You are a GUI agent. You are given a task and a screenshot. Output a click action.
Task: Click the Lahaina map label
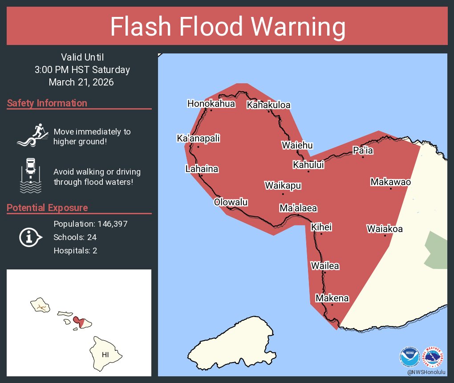tap(202, 169)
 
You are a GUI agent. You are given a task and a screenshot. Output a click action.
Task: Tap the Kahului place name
tap(308, 165)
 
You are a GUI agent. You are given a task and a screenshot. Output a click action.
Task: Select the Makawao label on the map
tap(390, 182)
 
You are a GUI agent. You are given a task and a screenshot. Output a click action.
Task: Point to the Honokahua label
tap(211, 104)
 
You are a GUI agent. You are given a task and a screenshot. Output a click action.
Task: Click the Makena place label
tap(332, 298)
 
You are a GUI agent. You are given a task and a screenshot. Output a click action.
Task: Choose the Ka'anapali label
tap(198, 139)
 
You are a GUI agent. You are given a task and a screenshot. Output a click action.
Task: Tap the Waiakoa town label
tap(385, 229)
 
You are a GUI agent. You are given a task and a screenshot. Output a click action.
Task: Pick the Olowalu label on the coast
tap(231, 202)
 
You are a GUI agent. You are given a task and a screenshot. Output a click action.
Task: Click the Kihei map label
tap(321, 227)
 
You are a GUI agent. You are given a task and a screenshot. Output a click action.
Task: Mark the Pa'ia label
tap(363, 151)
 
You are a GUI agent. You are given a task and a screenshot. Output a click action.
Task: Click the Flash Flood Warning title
tap(227, 27)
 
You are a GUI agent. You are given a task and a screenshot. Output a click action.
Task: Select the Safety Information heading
tap(47, 103)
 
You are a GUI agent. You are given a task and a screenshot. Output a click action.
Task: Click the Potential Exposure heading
tap(47, 208)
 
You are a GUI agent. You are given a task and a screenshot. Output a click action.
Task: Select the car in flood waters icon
tap(30, 175)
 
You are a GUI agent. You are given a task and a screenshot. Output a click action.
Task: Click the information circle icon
tap(30, 237)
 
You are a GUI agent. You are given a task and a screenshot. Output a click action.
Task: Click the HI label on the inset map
tap(105, 355)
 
